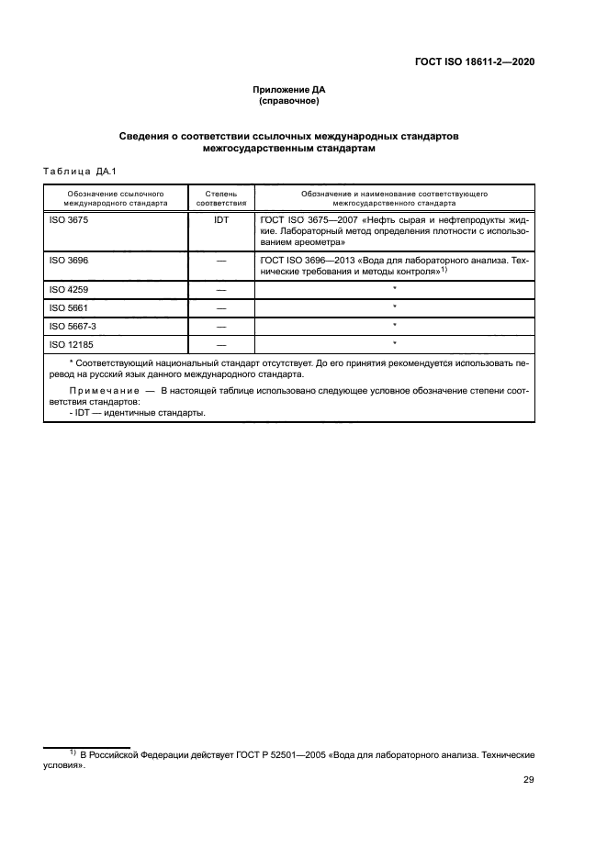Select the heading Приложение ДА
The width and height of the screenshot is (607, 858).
tap(289, 90)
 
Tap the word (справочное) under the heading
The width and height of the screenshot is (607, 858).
tap(289, 101)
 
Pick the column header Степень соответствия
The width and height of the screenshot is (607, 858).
tap(220, 198)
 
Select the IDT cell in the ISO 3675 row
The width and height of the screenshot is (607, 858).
tap(220, 221)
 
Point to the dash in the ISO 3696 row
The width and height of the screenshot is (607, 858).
tap(220, 262)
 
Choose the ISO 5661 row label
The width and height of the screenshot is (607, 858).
tap(67, 307)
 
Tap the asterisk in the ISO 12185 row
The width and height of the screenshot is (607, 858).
tap(394, 343)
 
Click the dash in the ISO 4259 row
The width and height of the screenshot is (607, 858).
tap(220, 290)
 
